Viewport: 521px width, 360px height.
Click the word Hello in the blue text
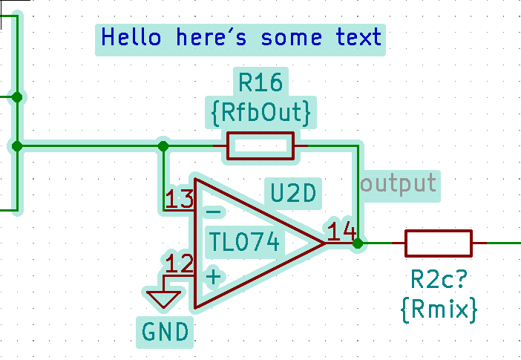coord(131,37)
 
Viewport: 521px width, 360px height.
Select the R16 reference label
coord(260,82)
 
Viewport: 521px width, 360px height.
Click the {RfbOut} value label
coord(260,113)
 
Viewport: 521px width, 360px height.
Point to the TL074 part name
coord(245,242)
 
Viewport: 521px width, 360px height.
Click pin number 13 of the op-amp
coord(179,200)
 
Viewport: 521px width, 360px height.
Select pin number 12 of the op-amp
coord(179,264)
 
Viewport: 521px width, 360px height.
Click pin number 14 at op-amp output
coord(342,232)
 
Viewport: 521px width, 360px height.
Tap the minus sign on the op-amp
coord(213,212)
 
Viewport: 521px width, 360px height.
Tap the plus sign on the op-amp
coord(213,278)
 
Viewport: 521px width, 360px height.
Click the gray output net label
coord(399,183)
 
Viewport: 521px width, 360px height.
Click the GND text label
coord(164,330)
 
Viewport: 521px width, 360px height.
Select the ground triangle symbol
coord(164,298)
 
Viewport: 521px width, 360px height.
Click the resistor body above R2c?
coord(438,243)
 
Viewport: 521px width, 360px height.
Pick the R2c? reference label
coord(438,281)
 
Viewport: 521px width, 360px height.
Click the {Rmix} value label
coord(438,308)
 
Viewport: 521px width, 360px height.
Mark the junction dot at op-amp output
coord(358,243)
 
